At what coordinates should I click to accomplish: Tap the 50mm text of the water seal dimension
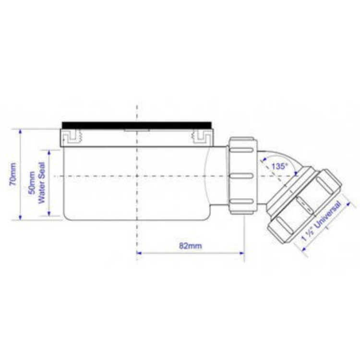[32, 183]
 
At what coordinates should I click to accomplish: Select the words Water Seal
[41, 183]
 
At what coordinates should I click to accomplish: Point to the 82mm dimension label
[191, 246]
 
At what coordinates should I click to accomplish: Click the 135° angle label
[279, 166]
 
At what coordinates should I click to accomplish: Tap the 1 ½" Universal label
[321, 221]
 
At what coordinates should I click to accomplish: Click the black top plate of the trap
[137, 125]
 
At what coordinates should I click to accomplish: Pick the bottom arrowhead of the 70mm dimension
[21, 217]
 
